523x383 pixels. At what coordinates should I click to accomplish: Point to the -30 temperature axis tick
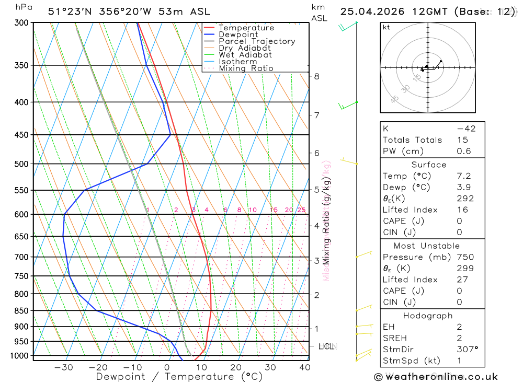pos(64,367)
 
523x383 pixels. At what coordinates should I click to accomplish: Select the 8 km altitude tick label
pos(316,76)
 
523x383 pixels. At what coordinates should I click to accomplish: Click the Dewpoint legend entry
pos(238,34)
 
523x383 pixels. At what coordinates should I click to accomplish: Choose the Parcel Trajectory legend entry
pos(257,41)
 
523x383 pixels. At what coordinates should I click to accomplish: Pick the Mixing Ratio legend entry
pos(246,68)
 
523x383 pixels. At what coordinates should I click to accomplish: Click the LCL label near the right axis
pos(327,346)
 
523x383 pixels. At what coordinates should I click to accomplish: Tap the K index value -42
pos(465,129)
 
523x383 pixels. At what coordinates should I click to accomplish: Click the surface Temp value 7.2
pos(463,176)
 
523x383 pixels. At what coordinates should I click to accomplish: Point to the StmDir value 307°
pos(467,350)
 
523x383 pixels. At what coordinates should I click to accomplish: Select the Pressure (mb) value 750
pos(465,257)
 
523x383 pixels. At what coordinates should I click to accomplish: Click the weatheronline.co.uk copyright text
pos(436,377)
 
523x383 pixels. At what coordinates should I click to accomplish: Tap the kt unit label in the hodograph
pos(386,27)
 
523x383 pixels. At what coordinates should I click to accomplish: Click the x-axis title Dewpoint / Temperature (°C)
pos(179,376)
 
